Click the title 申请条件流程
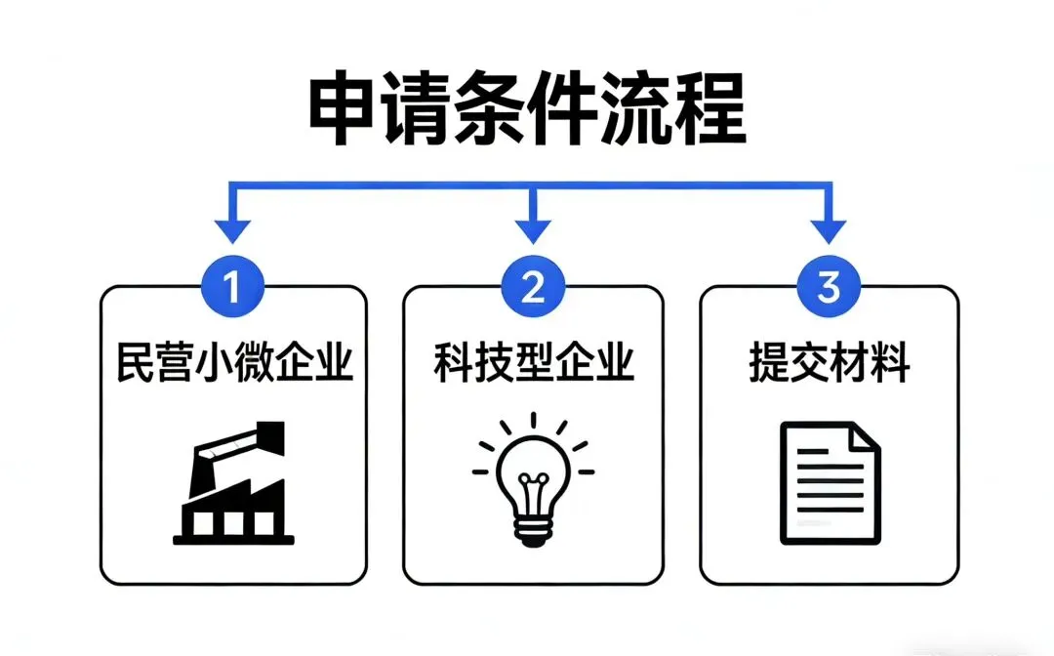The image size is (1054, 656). (527, 109)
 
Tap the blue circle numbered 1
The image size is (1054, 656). (232, 288)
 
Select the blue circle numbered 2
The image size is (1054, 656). (532, 288)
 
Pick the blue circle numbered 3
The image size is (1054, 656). (829, 288)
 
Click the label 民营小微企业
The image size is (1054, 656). (234, 364)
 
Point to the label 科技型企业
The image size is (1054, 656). (534, 364)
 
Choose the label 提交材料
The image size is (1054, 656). (829, 364)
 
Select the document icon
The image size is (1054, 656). (830, 482)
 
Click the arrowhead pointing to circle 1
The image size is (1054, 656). (232, 231)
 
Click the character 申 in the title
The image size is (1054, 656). (345, 109)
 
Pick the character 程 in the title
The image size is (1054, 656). (709, 109)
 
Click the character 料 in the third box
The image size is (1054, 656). (891, 364)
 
